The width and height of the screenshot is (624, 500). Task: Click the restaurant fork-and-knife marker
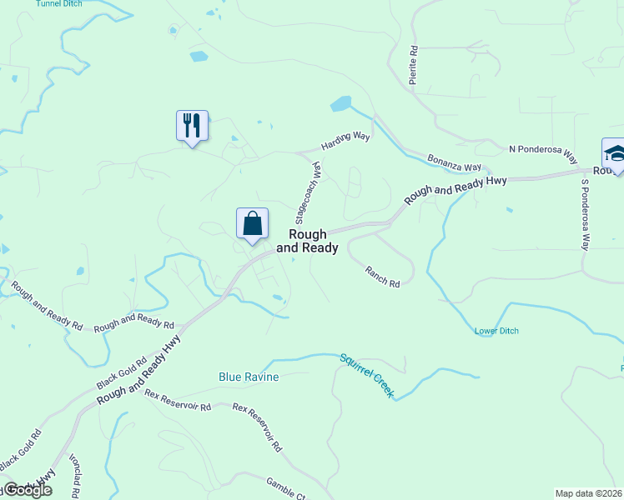[x=192, y=126]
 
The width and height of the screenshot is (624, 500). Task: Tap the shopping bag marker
[x=252, y=223]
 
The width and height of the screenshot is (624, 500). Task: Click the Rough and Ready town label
[x=307, y=242]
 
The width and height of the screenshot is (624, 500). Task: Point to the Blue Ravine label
[x=249, y=377]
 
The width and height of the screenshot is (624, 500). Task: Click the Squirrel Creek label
[x=366, y=376]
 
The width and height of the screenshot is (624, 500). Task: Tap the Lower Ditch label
[x=496, y=331]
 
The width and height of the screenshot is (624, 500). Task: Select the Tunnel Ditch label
[x=58, y=4]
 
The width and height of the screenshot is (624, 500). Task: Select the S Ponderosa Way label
[x=586, y=214]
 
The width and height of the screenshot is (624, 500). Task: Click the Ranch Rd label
[x=382, y=277]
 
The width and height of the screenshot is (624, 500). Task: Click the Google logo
[x=27, y=490]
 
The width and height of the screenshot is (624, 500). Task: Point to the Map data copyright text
[x=589, y=493]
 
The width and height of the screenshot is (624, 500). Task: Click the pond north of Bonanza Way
[x=340, y=104]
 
